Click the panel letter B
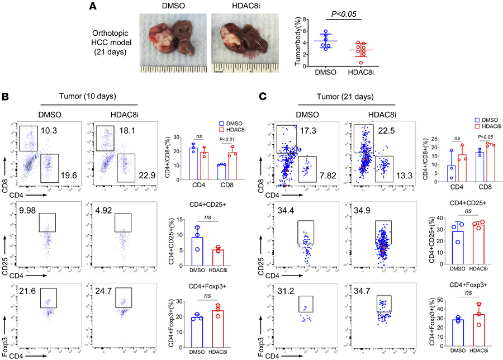pyautogui.click(x=5, y=96)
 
